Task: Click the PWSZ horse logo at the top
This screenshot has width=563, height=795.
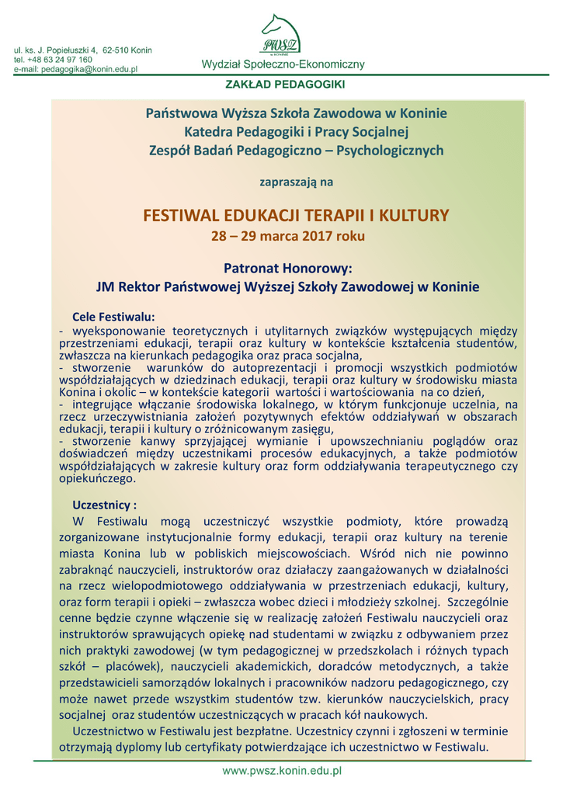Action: point(281,35)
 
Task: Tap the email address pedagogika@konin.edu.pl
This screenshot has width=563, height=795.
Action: point(89,69)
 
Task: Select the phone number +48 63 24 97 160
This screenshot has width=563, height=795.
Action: point(61,60)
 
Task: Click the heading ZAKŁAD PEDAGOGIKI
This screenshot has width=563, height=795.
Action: point(280,83)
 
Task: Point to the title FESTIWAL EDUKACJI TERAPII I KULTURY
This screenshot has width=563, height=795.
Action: point(296,215)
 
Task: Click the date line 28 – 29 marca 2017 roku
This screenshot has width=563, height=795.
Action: point(287,234)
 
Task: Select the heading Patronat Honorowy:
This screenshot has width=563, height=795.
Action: point(287,268)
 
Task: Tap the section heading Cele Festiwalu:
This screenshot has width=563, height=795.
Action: point(113,317)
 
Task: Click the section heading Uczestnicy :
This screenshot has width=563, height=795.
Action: point(104,504)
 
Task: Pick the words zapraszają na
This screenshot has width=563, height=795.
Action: point(295,182)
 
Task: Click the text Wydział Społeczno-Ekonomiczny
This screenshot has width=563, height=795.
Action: point(283,64)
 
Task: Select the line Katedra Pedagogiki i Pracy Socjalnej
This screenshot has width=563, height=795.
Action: point(296,131)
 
